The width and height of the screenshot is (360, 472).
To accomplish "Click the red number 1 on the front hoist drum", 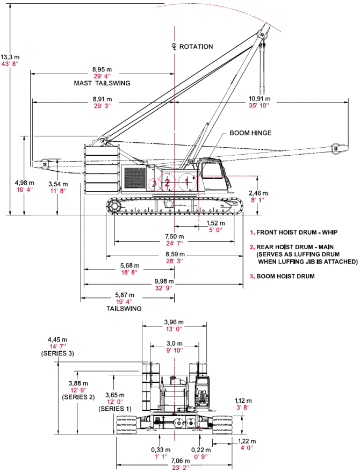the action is [x=187, y=182].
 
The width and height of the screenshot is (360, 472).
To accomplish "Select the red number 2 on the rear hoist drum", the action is [x=167, y=182].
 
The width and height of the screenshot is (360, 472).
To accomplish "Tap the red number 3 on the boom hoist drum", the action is [x=154, y=183].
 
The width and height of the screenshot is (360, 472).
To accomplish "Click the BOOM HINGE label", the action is [x=250, y=133].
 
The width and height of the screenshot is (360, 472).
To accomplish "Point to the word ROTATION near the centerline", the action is [x=196, y=47].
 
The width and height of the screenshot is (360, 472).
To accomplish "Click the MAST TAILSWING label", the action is [x=102, y=83].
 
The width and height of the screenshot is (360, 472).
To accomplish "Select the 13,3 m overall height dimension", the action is [x=10, y=57].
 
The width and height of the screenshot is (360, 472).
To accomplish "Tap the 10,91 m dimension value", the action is [x=260, y=99].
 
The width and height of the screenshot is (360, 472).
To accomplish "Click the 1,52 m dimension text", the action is [x=215, y=223].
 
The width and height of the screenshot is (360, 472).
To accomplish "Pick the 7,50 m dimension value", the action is [x=175, y=237].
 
